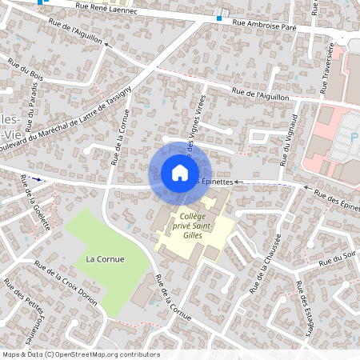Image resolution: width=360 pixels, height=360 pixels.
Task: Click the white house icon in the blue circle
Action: pos(179,173)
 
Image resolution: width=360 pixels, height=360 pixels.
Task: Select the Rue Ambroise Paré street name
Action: pos(265,23)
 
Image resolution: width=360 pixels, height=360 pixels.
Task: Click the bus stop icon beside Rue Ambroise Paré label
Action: pos(219,18)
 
